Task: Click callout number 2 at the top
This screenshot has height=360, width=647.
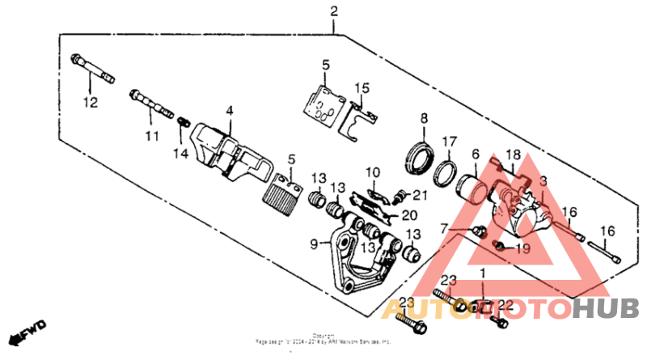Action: pos(332,11)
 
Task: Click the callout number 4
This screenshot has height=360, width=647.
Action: pos(229,110)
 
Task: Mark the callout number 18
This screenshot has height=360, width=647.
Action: pos(513,154)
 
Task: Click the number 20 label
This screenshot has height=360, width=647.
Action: pos(408,215)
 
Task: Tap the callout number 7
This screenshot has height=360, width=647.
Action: pos(444,229)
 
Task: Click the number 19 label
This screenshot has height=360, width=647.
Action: pos(522,248)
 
